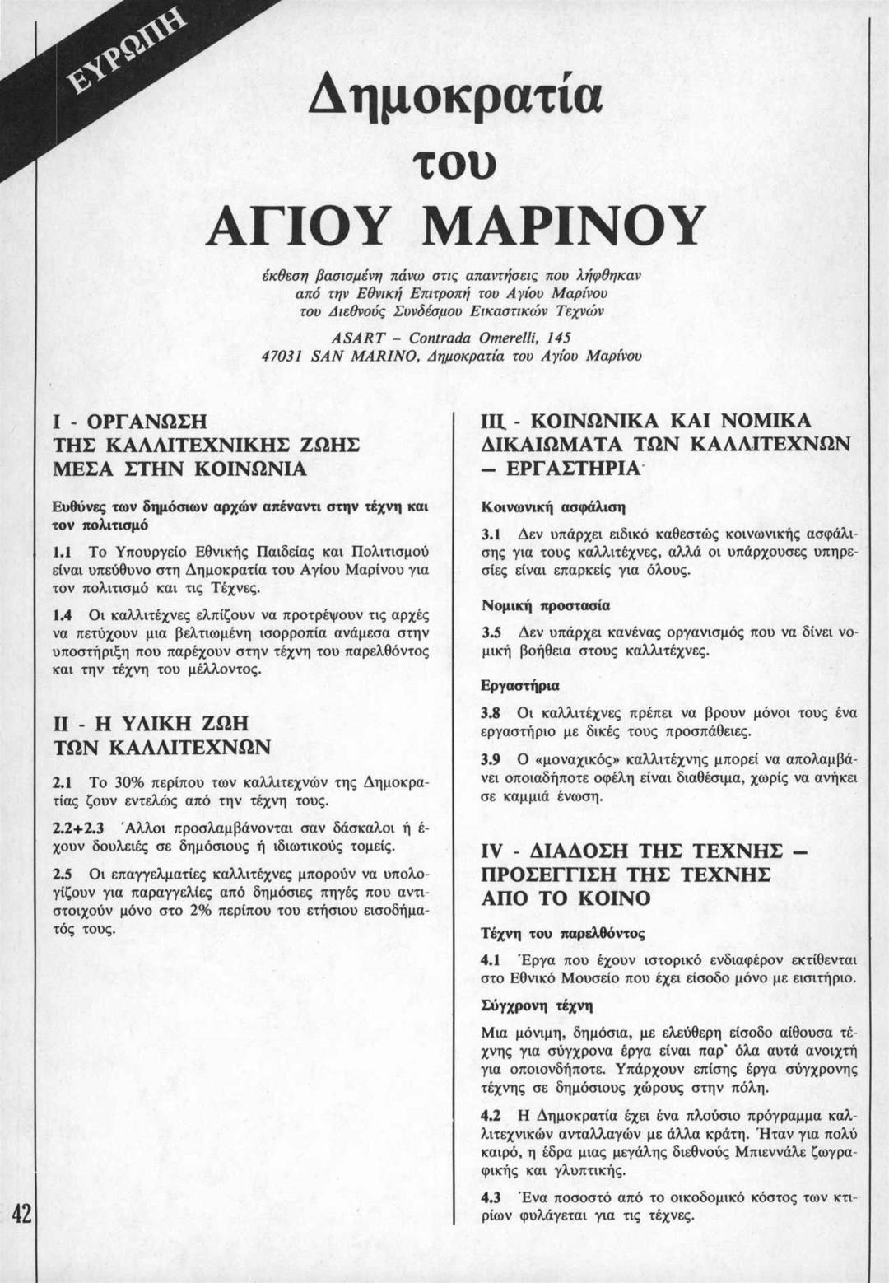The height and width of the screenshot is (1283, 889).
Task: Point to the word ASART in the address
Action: (354, 338)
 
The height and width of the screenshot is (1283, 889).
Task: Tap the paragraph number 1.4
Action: (61, 614)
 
